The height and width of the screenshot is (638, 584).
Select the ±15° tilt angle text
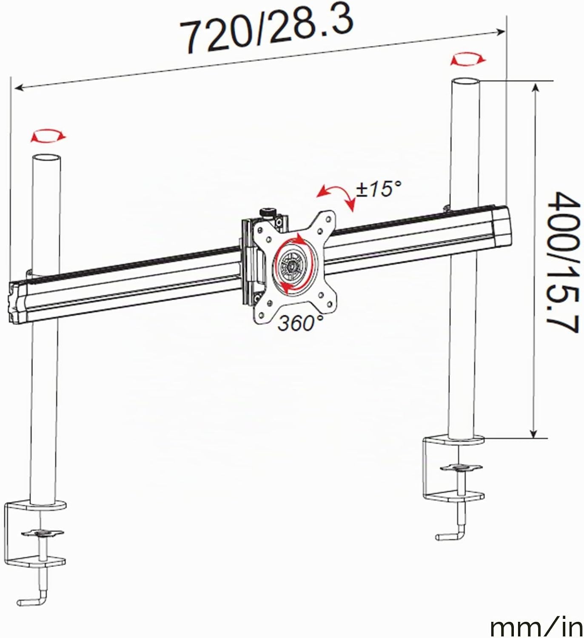point(379,189)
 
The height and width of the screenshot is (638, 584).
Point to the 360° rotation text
point(300,323)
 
